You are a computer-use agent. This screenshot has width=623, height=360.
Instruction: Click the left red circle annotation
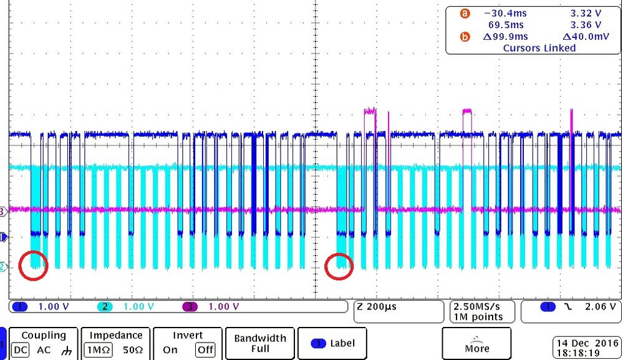point(33,265)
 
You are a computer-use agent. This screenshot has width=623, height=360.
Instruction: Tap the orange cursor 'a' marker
point(464,14)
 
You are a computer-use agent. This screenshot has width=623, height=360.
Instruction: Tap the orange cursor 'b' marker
point(464,37)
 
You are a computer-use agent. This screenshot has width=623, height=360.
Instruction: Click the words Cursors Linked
point(539,47)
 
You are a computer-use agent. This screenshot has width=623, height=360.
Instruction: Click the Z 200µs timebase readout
point(377,306)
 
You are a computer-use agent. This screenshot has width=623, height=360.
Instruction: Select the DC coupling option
point(21,350)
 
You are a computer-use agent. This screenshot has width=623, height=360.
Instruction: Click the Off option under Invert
point(203,350)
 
